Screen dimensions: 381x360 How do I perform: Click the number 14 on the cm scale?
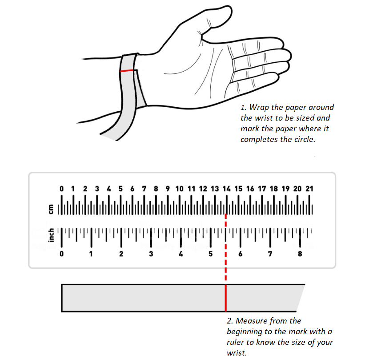pyautogui.click(x=226, y=189)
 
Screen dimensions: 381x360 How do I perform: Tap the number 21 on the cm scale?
pyautogui.click(x=309, y=189)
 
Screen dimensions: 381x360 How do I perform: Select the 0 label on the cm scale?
pyautogui.click(x=61, y=189)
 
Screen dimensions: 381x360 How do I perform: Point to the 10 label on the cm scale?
pyautogui.click(x=179, y=189)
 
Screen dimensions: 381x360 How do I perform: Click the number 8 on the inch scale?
pyautogui.click(x=300, y=254)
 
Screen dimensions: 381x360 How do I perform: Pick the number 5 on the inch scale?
pyautogui.click(x=210, y=254)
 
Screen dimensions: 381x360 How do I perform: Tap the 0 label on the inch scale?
pyautogui.click(x=61, y=254)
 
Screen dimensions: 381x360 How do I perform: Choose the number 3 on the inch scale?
pyautogui.click(x=151, y=254)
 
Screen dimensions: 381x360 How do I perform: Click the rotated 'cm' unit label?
pyautogui.click(x=51, y=209)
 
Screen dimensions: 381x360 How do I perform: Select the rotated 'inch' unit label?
pyautogui.click(x=51, y=235)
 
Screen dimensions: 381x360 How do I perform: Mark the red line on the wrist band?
pyautogui.click(x=126, y=71)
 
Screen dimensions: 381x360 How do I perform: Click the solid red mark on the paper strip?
pyautogui.click(x=226, y=298)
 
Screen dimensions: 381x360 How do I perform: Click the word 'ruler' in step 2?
pyautogui.click(x=236, y=342)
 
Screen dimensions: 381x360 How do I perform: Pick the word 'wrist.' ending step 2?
pyautogui.click(x=237, y=353)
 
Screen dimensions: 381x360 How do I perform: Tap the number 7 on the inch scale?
pyautogui.click(x=270, y=254)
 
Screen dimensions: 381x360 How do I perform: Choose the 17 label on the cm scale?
pyautogui.click(x=262, y=189)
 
